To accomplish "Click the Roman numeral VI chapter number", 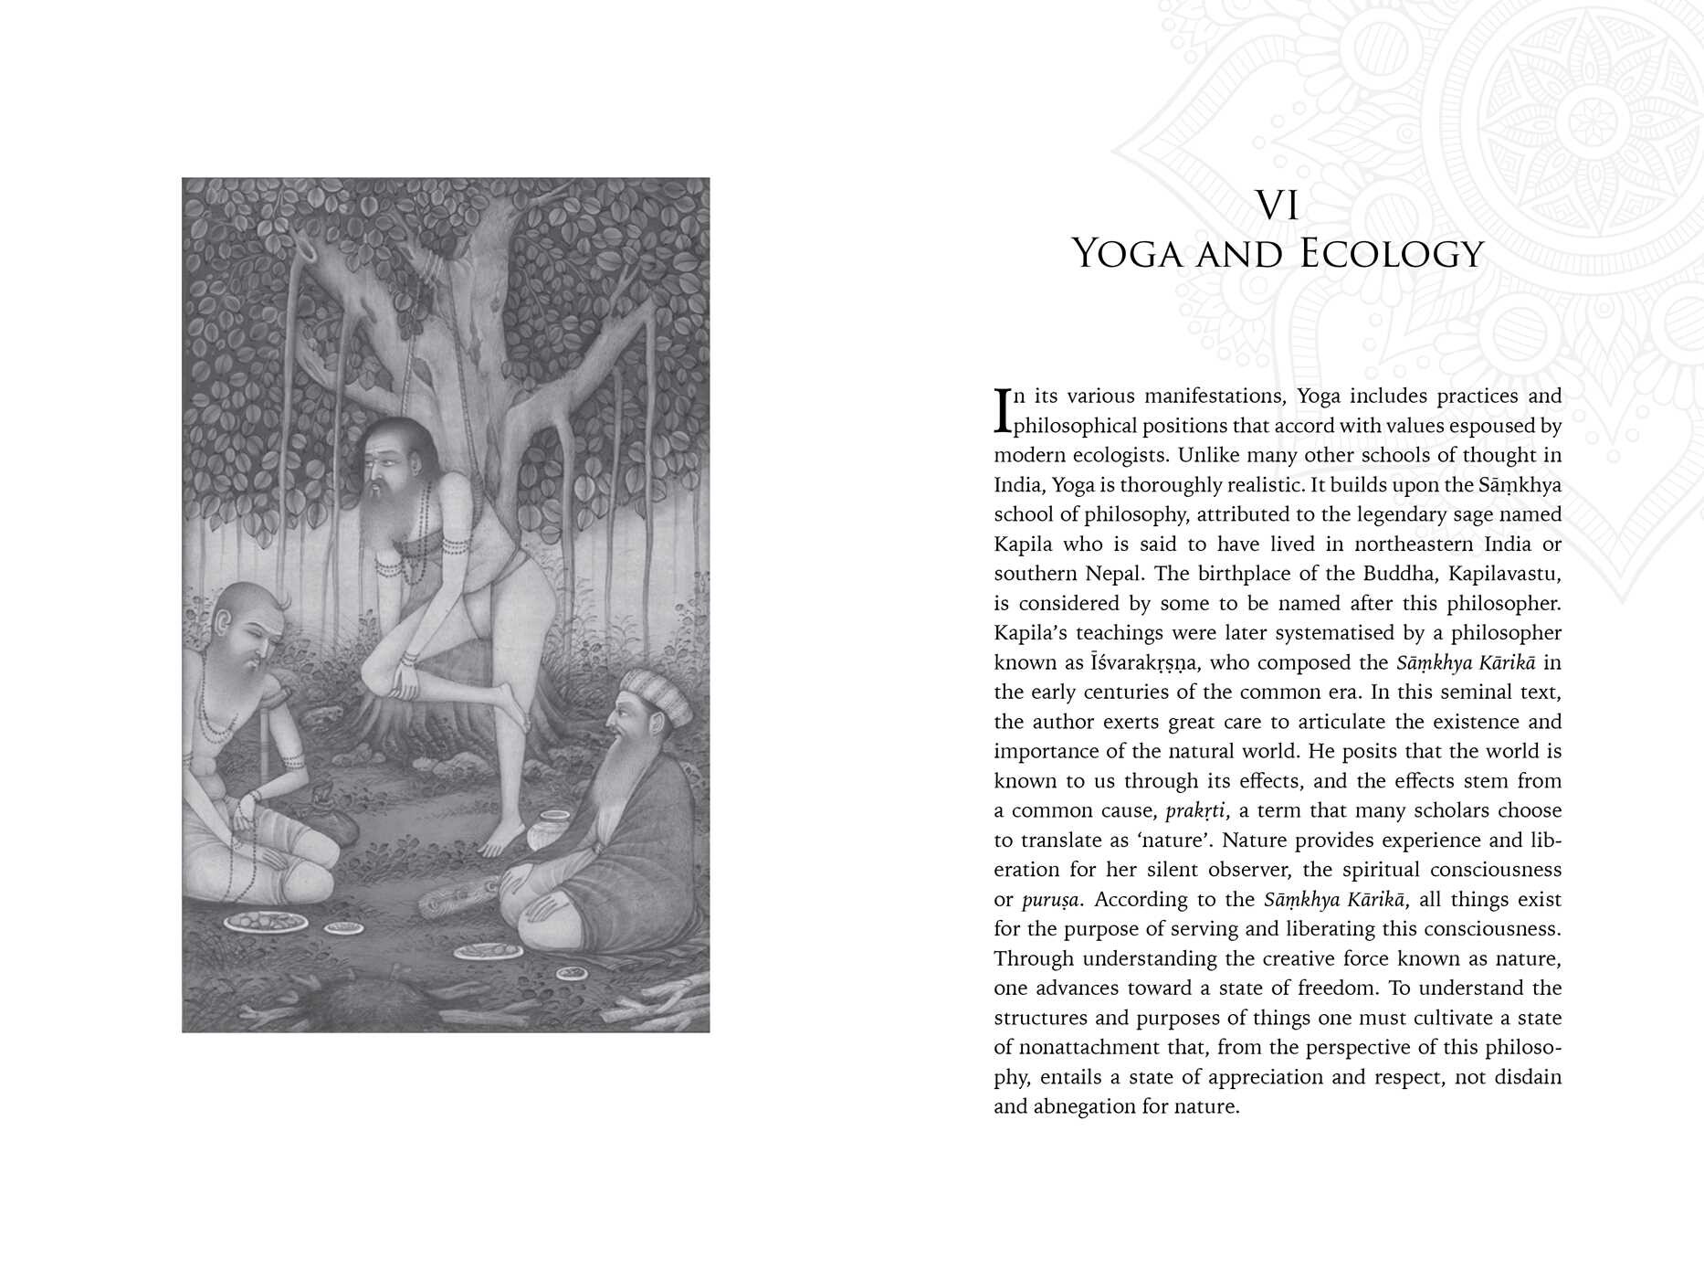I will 1278,206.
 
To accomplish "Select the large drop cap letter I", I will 1002,410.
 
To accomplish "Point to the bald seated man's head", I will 242,621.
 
